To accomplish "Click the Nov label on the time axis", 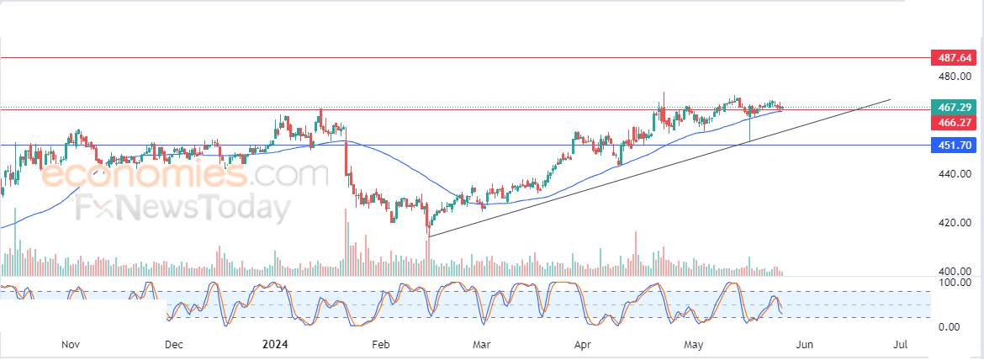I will click(x=71, y=344).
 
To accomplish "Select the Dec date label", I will click(x=173, y=344).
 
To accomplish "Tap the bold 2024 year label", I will click(x=276, y=344).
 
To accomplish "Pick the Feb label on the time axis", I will click(x=381, y=344).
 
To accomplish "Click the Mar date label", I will click(x=481, y=344).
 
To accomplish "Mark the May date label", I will click(x=694, y=344).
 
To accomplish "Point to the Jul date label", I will click(x=901, y=344).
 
